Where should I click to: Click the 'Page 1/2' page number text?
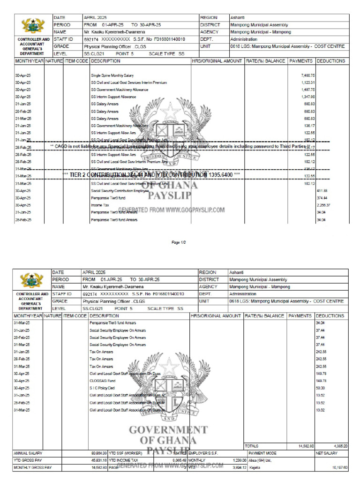(x=180, y=242)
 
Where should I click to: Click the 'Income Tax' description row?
(x=100, y=205)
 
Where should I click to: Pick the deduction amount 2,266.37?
(x=324, y=205)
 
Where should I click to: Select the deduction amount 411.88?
(x=322, y=191)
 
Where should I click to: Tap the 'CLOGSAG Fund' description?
(x=102, y=381)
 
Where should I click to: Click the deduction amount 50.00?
(x=321, y=388)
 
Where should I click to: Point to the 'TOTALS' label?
(x=251, y=446)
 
